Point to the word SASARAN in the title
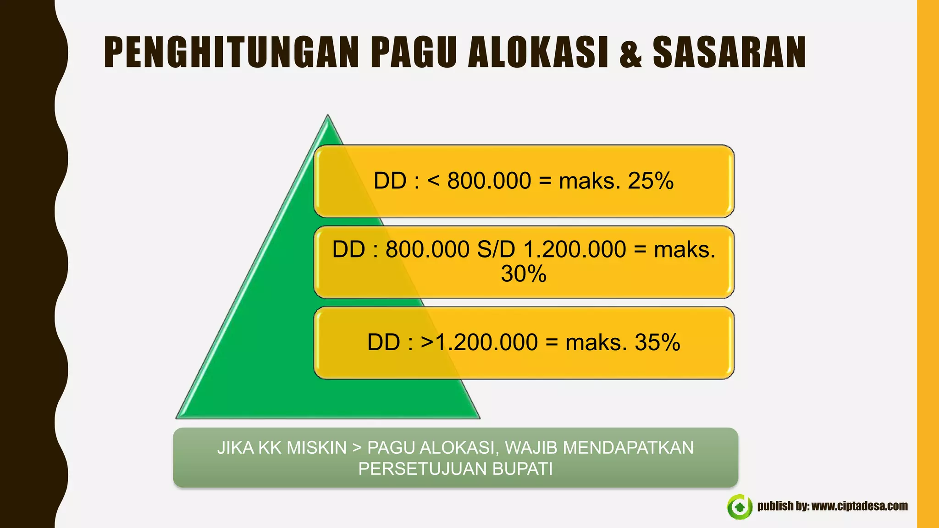[729, 52]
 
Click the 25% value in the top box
[651, 181]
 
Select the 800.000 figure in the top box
[489, 181]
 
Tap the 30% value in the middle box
[524, 274]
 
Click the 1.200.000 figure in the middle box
[574, 250]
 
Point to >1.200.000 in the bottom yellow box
[479, 342]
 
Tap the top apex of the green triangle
[327, 117]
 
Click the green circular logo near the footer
[739, 507]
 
